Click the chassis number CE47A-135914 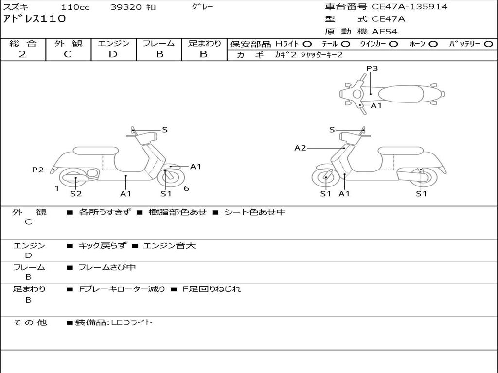409,6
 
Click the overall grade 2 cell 22,54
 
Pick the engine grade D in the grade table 113,54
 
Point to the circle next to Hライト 307,44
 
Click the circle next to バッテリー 488,44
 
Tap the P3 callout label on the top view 372,68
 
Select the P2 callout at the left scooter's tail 38,170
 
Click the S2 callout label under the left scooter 76,193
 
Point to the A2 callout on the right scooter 300,148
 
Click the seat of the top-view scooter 401,94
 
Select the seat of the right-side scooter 401,151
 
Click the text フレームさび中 107,267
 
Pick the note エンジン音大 169,245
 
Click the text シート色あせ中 255,212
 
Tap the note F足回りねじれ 212,289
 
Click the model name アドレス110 35,19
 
